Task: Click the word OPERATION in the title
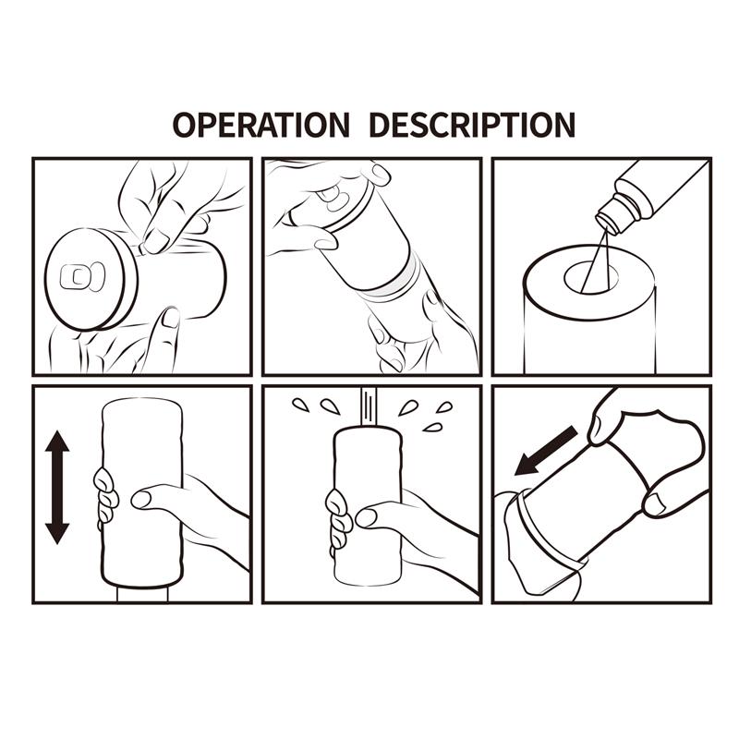[260, 124]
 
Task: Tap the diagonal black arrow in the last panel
[546, 450]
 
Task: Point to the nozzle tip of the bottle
[606, 222]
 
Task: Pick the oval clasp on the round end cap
[77, 276]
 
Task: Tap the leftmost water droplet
[299, 405]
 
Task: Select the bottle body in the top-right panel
[660, 188]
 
